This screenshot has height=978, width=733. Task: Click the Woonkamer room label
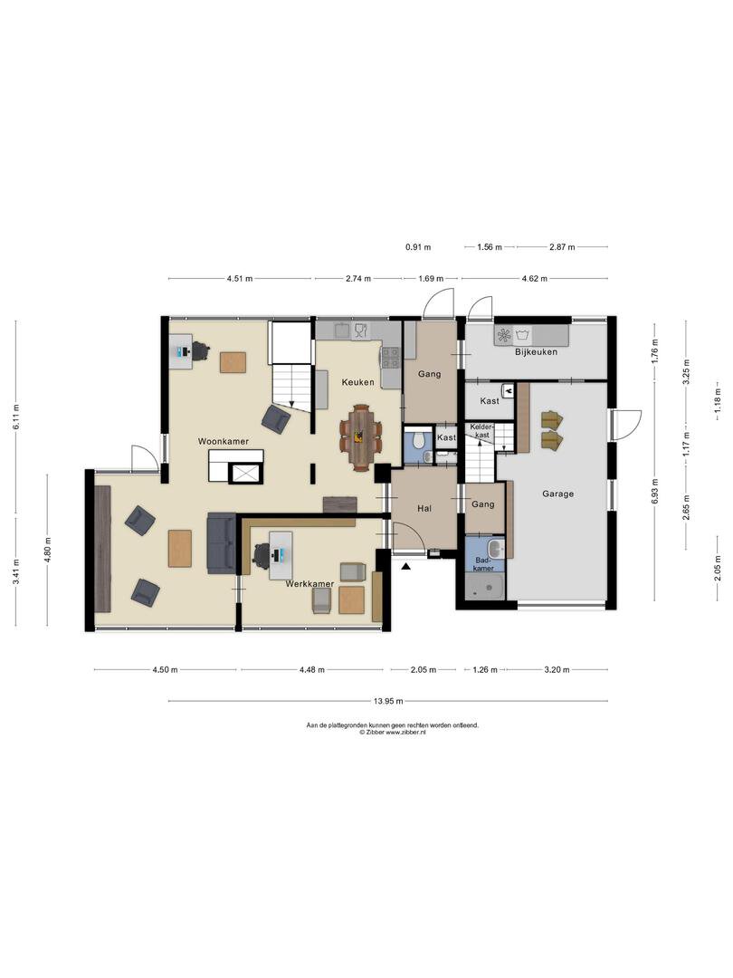coord(224,441)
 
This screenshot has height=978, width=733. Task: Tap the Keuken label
coord(357,382)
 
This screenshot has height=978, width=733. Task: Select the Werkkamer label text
coord(309,584)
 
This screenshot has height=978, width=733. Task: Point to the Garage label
coord(557,494)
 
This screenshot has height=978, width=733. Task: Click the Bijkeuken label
coord(536,351)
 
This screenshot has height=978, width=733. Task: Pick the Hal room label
coord(424,508)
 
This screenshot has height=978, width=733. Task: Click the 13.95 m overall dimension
coord(388,700)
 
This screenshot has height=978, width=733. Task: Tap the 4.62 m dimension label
coord(534,278)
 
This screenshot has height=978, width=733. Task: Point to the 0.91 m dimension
coord(418,247)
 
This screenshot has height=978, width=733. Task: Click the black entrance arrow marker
coord(406,566)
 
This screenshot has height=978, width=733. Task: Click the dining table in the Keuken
coord(361,437)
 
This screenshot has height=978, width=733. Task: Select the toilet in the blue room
coord(419,440)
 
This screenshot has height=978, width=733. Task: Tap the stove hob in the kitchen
coord(391,358)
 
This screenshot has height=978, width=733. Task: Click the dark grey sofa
coord(222,542)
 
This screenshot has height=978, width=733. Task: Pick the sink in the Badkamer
coord(496,550)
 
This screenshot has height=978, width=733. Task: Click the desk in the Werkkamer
coord(281,554)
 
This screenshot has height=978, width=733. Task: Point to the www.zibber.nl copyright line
coord(393,733)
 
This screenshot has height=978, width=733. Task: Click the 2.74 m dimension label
coord(357,278)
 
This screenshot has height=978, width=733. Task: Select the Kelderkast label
coord(483,430)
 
